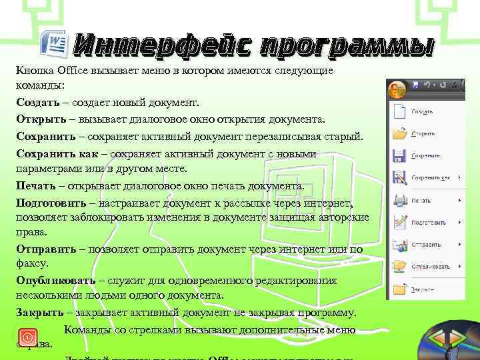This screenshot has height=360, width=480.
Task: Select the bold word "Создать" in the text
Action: click(x=40, y=103)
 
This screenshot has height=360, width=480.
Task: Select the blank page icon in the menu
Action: click(x=399, y=111)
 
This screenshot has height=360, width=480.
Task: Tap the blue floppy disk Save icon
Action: click(x=399, y=155)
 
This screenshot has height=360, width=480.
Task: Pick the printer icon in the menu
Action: click(x=399, y=199)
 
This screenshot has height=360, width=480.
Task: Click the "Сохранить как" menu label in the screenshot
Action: click(x=431, y=178)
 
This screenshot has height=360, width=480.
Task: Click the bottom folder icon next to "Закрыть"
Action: click(x=399, y=289)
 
